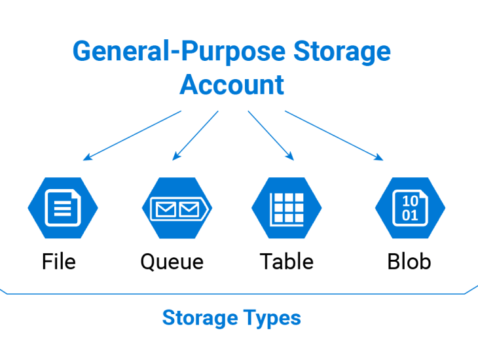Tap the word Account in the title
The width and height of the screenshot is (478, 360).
point(232,85)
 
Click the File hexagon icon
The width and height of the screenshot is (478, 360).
point(62,208)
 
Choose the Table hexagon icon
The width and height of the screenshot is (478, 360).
point(286,208)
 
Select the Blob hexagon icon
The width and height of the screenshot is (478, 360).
point(410,208)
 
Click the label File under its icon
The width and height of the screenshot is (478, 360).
point(59,262)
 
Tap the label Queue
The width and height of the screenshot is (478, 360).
point(172,262)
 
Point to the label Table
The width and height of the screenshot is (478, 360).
point(286,262)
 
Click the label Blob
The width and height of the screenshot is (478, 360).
point(409,262)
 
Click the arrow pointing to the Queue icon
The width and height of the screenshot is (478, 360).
point(195,135)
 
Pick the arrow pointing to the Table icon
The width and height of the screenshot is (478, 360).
point(270,135)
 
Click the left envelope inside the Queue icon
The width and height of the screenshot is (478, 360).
point(164,209)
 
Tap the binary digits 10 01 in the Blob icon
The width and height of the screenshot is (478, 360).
point(410,208)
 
